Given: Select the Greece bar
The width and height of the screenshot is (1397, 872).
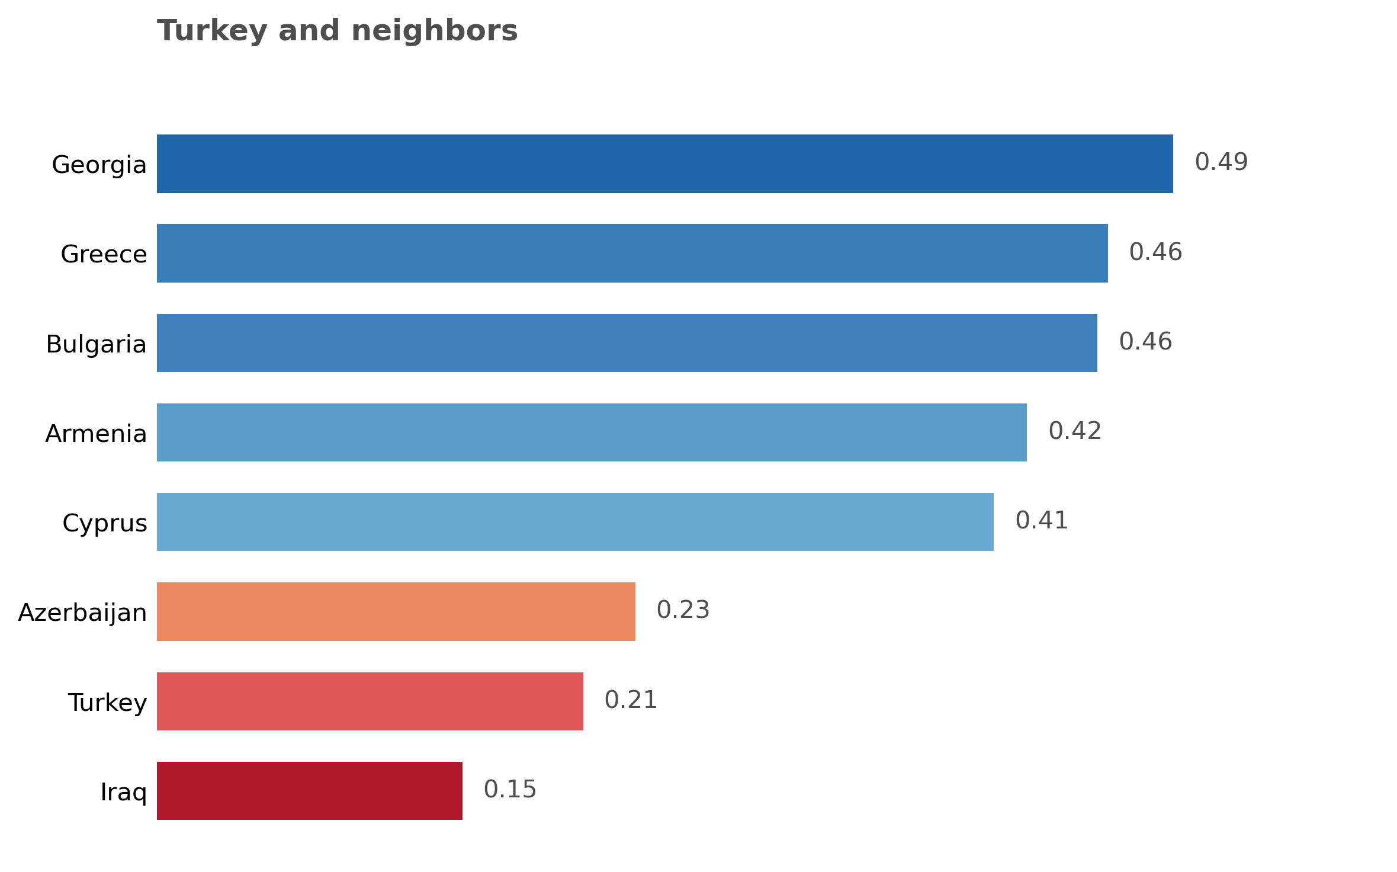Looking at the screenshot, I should [x=632, y=253].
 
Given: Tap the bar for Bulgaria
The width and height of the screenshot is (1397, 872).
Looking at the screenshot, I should [x=627, y=343].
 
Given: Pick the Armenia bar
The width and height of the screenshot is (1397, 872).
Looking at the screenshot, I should [x=592, y=432].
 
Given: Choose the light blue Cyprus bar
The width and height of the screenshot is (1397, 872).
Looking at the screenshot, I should [x=575, y=522].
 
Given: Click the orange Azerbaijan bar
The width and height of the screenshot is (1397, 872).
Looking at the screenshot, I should [x=396, y=611].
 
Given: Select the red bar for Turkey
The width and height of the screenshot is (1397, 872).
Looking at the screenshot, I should [x=370, y=701].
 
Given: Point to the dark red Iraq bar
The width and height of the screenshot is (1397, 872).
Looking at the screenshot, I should [x=309, y=791].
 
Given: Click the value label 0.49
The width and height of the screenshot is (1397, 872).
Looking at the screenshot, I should [x=1221, y=162].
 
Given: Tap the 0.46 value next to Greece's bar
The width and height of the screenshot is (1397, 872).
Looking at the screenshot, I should [x=1155, y=252].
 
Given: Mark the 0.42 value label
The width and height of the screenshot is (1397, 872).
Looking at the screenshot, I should [x=1075, y=431].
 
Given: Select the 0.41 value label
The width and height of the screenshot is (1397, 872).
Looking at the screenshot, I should [x=1042, y=521].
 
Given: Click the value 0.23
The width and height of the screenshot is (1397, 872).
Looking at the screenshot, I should [x=683, y=610].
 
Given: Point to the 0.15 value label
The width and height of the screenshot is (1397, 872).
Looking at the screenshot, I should [x=510, y=790].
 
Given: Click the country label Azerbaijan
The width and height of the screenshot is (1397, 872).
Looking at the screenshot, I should [x=82, y=613].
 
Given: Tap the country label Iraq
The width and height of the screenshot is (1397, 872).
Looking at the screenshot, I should [x=123, y=792].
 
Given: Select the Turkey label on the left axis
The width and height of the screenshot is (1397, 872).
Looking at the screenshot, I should [x=107, y=703].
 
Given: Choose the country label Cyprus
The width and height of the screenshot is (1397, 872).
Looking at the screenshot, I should [x=104, y=523].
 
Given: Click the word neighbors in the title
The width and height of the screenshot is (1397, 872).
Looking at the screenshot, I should [x=434, y=31].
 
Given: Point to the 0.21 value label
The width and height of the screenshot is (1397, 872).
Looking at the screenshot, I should [x=631, y=700].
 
